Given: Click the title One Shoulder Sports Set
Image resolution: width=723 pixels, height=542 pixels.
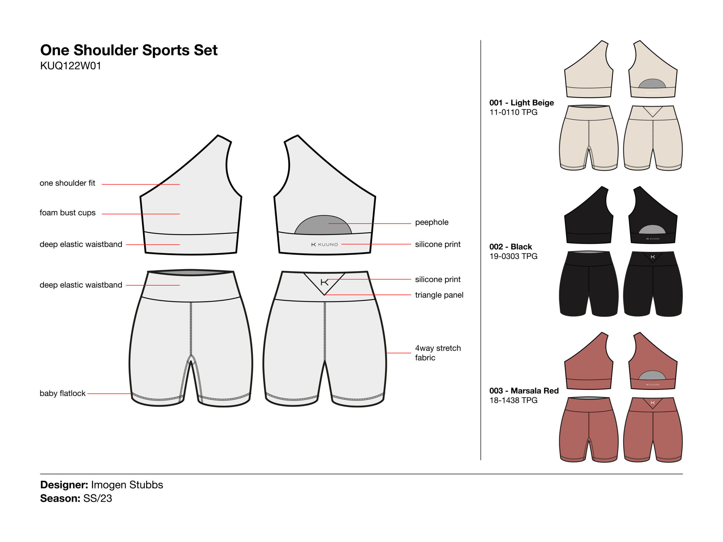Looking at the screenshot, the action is (129, 50).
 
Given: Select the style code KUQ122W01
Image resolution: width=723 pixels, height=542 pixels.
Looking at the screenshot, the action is (71, 66).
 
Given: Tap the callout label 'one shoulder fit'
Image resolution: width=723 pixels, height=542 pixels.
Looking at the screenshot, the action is (67, 183).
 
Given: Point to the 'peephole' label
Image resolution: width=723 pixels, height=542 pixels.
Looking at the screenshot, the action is (432, 222).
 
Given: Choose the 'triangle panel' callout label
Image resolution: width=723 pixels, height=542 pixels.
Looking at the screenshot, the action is (439, 295).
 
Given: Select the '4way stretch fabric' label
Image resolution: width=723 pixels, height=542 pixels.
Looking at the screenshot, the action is (438, 353).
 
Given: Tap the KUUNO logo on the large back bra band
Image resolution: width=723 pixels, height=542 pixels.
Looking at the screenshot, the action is (325, 244).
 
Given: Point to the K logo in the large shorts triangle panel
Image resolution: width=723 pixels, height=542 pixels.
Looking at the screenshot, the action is (324, 282).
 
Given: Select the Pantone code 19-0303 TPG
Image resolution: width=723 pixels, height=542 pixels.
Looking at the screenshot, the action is (513, 256).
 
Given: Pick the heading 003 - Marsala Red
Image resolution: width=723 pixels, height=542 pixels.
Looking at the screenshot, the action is (524, 391).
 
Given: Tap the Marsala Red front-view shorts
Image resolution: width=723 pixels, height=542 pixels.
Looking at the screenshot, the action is (589, 430).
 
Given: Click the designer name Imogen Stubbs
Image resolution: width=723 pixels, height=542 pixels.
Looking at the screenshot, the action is (127, 485).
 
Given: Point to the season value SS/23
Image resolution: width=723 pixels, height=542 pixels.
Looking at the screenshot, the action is (97, 499).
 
